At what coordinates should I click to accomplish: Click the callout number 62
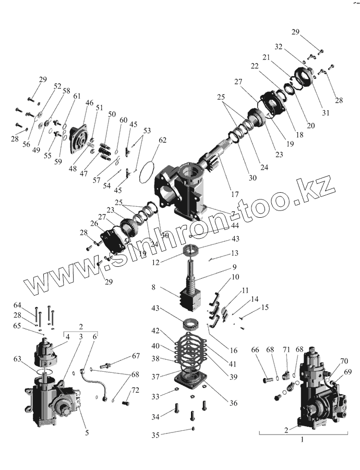[163, 140]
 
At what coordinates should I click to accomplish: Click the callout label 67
[136, 356]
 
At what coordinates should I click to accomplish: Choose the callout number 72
[135, 391]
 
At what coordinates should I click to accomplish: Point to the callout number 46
[89, 103]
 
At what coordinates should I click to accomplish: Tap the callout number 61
[77, 96]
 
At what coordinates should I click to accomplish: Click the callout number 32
[279, 46]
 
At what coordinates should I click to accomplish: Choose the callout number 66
[255, 349]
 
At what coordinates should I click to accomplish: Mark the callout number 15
[265, 308]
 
